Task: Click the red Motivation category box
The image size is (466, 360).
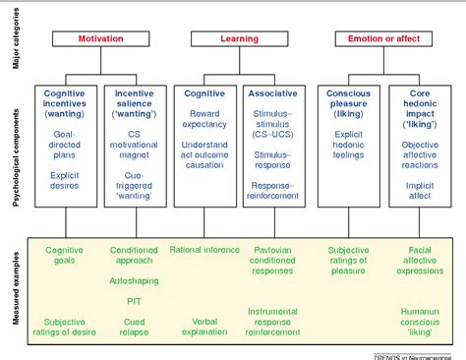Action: tap(99, 38)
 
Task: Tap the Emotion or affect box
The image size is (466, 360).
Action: tap(380, 38)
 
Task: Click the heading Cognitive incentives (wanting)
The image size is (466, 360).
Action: tap(66, 102)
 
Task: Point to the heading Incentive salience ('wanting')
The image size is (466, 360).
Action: tap(134, 102)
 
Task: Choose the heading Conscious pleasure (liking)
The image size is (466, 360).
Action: tap(347, 102)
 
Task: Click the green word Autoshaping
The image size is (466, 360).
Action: tap(134, 281)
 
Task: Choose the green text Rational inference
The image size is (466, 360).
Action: tap(204, 250)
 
